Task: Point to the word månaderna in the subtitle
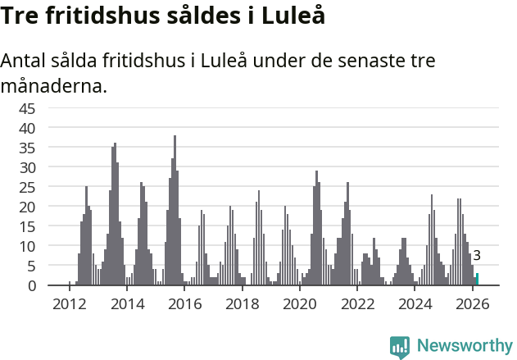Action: click(x=54, y=85)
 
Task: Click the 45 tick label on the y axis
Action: click(x=27, y=108)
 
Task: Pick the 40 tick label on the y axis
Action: click(x=27, y=128)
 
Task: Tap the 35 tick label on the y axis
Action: click(x=27, y=148)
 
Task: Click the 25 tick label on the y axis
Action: click(x=27, y=187)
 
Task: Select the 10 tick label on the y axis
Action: click(x=27, y=246)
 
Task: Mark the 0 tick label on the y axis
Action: click(x=31, y=285)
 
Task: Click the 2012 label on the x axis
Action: click(x=69, y=303)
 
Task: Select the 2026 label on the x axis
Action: click(x=473, y=303)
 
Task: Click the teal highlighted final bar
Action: click(x=477, y=280)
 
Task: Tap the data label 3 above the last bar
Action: click(x=477, y=256)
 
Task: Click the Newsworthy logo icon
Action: click(x=400, y=347)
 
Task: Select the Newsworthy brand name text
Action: click(x=464, y=346)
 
